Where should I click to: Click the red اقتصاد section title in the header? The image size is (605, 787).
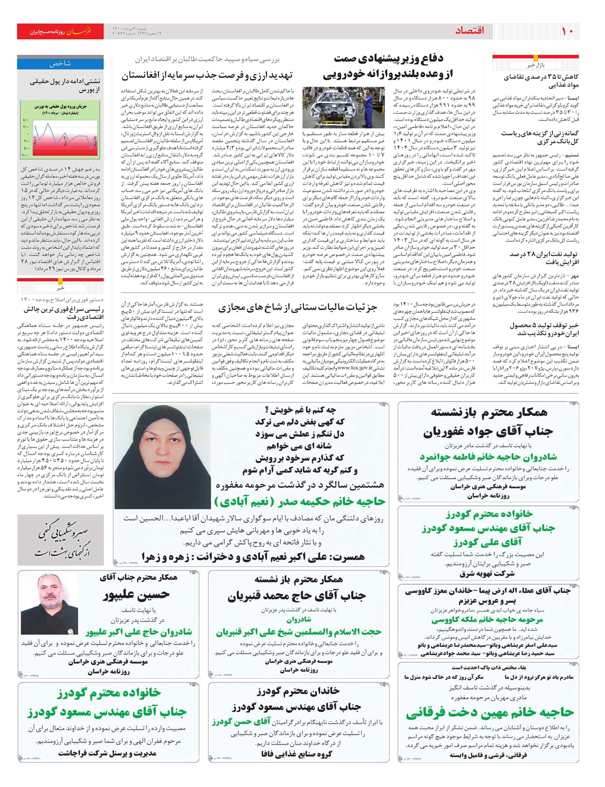(469, 31)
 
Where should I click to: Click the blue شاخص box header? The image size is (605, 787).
(60, 64)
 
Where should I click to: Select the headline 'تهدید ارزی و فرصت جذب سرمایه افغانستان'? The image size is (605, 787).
(207, 76)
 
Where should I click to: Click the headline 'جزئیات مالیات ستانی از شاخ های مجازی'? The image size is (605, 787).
(297, 308)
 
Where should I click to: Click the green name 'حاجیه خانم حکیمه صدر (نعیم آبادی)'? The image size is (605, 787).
(299, 501)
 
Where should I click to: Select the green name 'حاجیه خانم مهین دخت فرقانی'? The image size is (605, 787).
(490, 712)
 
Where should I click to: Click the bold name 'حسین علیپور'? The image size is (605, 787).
(136, 595)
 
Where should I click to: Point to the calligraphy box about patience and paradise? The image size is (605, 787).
(60, 540)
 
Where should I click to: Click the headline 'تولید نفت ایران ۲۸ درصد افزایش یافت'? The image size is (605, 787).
(543, 258)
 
